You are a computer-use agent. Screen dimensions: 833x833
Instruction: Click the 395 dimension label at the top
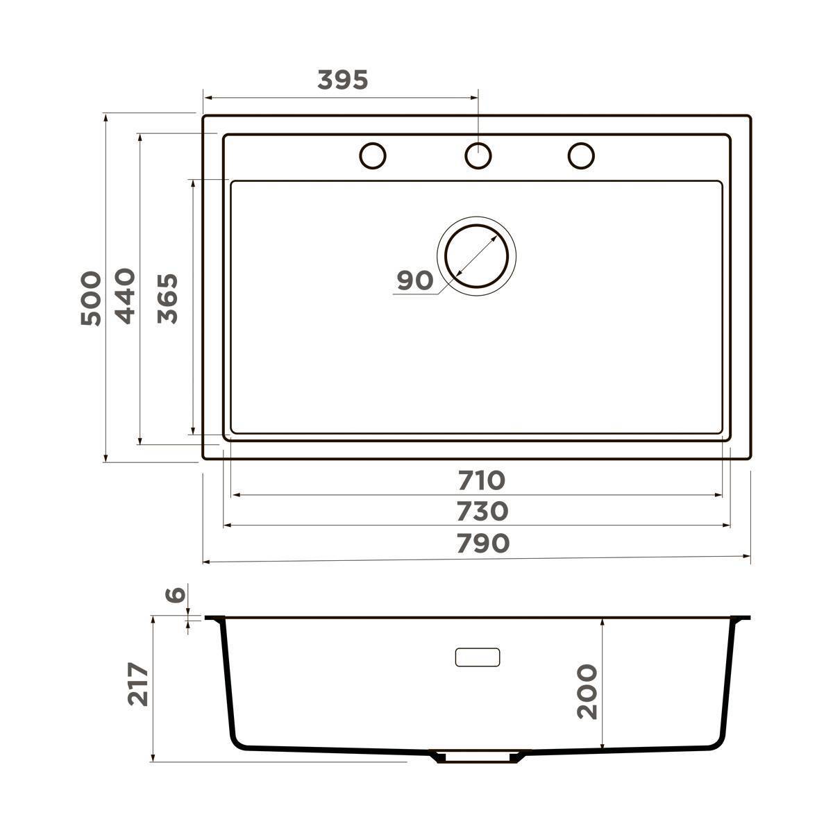[x=342, y=81]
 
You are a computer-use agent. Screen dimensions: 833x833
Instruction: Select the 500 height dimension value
[x=91, y=298]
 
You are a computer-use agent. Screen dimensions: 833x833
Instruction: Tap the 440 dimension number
[x=125, y=296]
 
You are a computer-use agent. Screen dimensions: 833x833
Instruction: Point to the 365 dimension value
[x=167, y=298]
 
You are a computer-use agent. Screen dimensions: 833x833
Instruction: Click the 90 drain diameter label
[x=415, y=281]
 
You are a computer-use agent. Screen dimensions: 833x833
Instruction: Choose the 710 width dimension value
[x=481, y=480]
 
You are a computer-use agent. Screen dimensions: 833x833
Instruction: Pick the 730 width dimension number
[x=482, y=512]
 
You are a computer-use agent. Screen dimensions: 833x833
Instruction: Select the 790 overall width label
[x=483, y=544]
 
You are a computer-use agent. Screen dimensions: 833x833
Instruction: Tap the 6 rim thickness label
[x=176, y=595]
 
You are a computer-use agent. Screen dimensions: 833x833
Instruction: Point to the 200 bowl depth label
[x=587, y=691]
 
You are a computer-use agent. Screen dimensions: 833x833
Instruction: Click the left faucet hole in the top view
[x=373, y=155]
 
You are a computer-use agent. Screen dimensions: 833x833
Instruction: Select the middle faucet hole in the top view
[x=478, y=155]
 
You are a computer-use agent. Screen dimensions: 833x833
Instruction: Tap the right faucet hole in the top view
[x=581, y=155]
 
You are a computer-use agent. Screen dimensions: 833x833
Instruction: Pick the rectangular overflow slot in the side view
[x=478, y=657]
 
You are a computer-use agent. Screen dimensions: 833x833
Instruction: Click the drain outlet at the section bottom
[x=477, y=757]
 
